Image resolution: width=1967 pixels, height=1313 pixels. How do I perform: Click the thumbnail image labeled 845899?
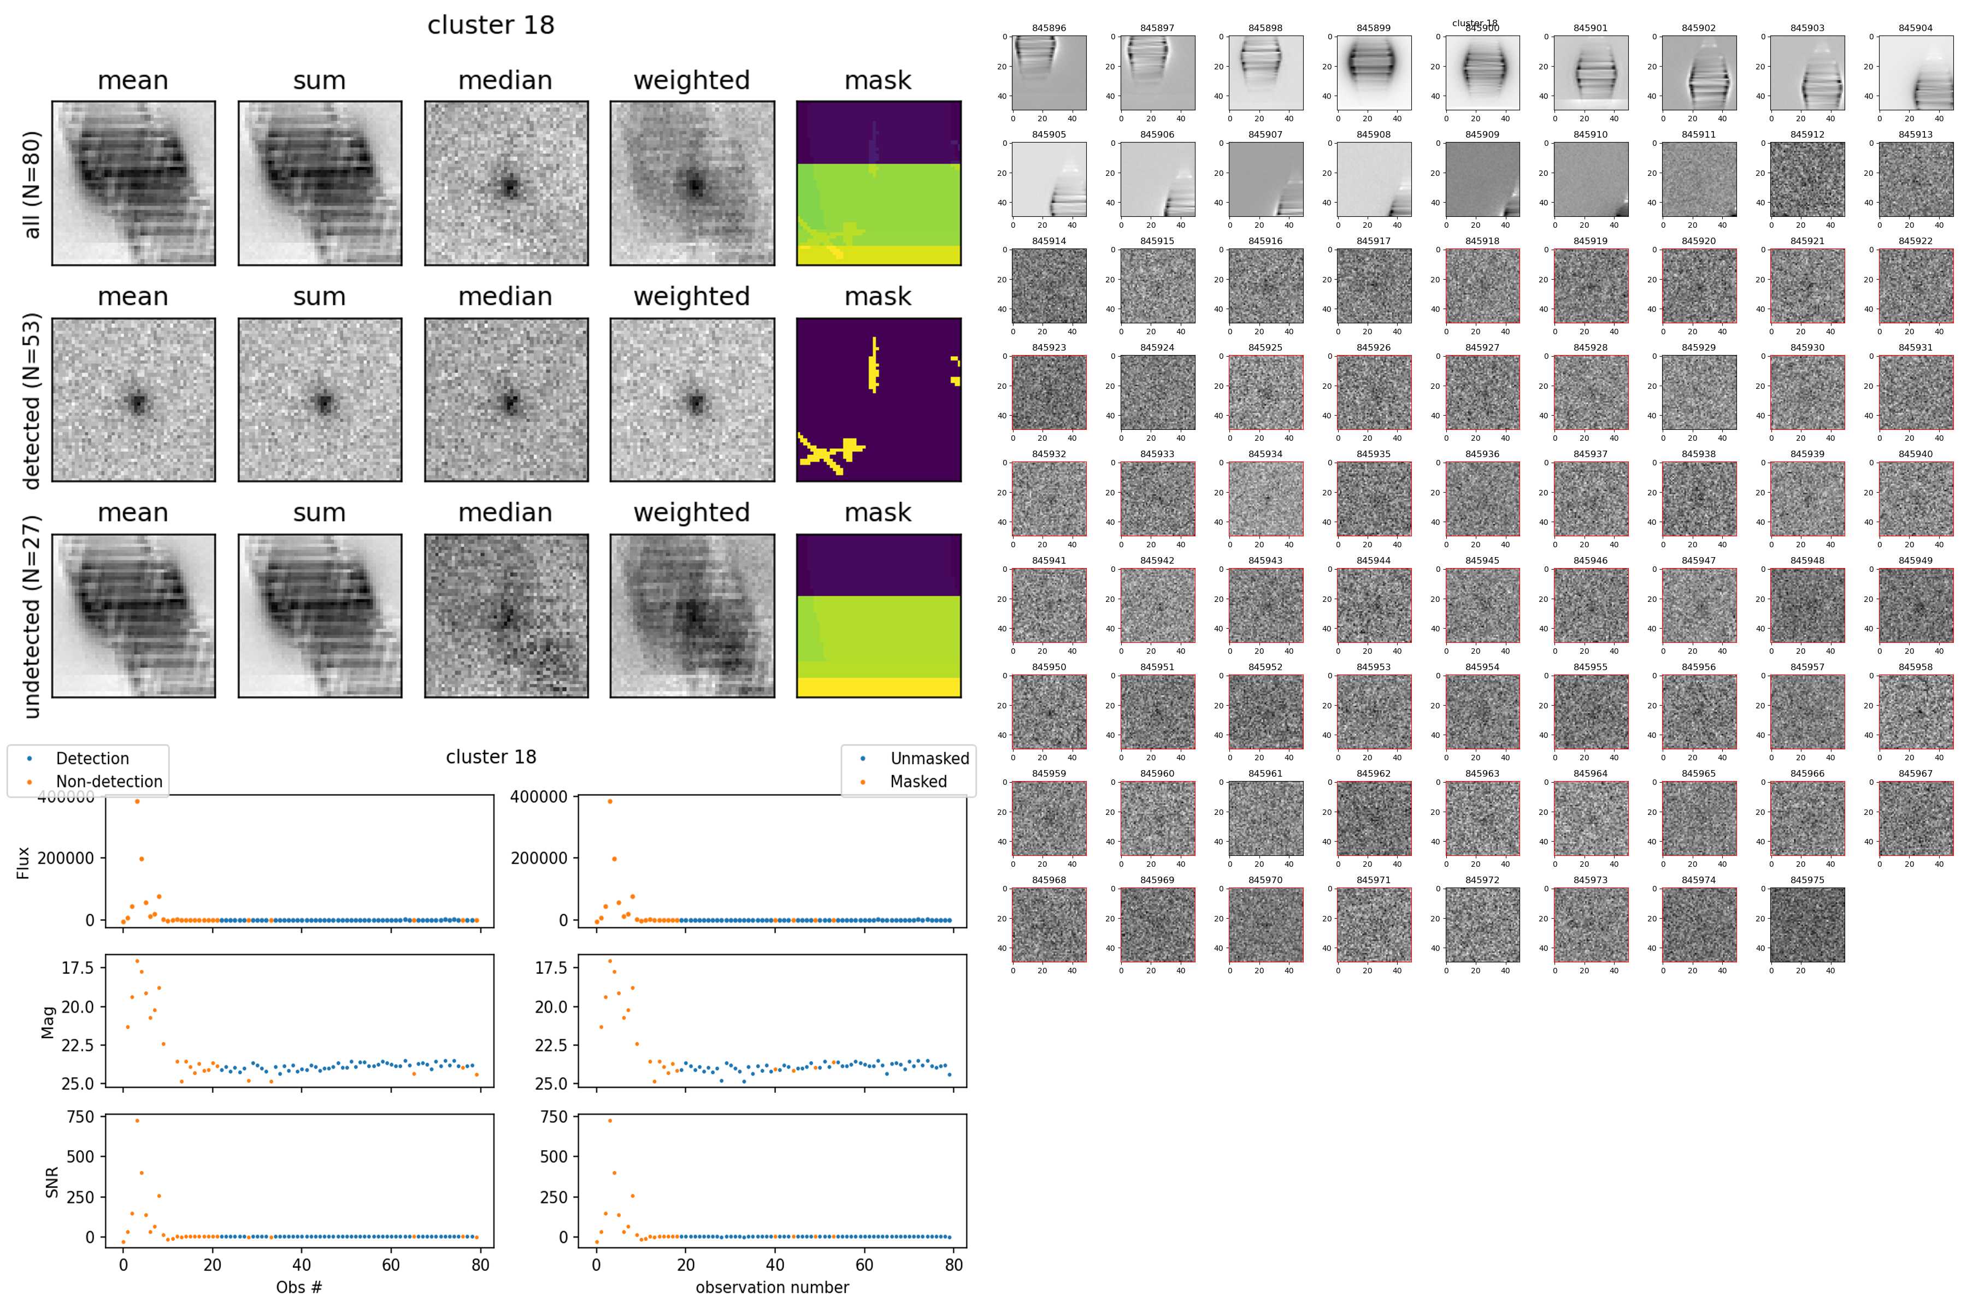(x=1373, y=72)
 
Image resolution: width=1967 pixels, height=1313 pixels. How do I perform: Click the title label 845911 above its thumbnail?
(x=1698, y=134)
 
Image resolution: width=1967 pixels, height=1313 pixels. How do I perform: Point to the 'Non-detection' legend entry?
(x=109, y=781)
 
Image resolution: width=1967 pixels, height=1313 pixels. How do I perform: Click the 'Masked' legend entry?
(x=917, y=781)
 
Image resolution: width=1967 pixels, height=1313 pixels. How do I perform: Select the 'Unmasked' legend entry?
(x=929, y=759)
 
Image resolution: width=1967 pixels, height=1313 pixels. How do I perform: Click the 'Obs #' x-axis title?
(x=299, y=1287)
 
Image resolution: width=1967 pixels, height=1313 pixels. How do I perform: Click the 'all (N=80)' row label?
(x=32, y=184)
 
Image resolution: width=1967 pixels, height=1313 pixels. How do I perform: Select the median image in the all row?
(x=506, y=184)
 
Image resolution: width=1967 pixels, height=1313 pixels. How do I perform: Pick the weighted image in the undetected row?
(x=692, y=616)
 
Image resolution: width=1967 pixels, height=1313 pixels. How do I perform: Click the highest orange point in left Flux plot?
(x=137, y=801)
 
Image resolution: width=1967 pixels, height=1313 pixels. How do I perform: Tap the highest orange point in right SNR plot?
(x=610, y=1120)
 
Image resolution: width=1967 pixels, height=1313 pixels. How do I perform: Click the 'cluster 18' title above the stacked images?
(x=491, y=25)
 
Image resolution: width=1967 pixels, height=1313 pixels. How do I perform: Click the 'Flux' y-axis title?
(x=23, y=862)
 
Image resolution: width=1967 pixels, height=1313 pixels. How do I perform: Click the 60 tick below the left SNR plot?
(x=391, y=1264)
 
